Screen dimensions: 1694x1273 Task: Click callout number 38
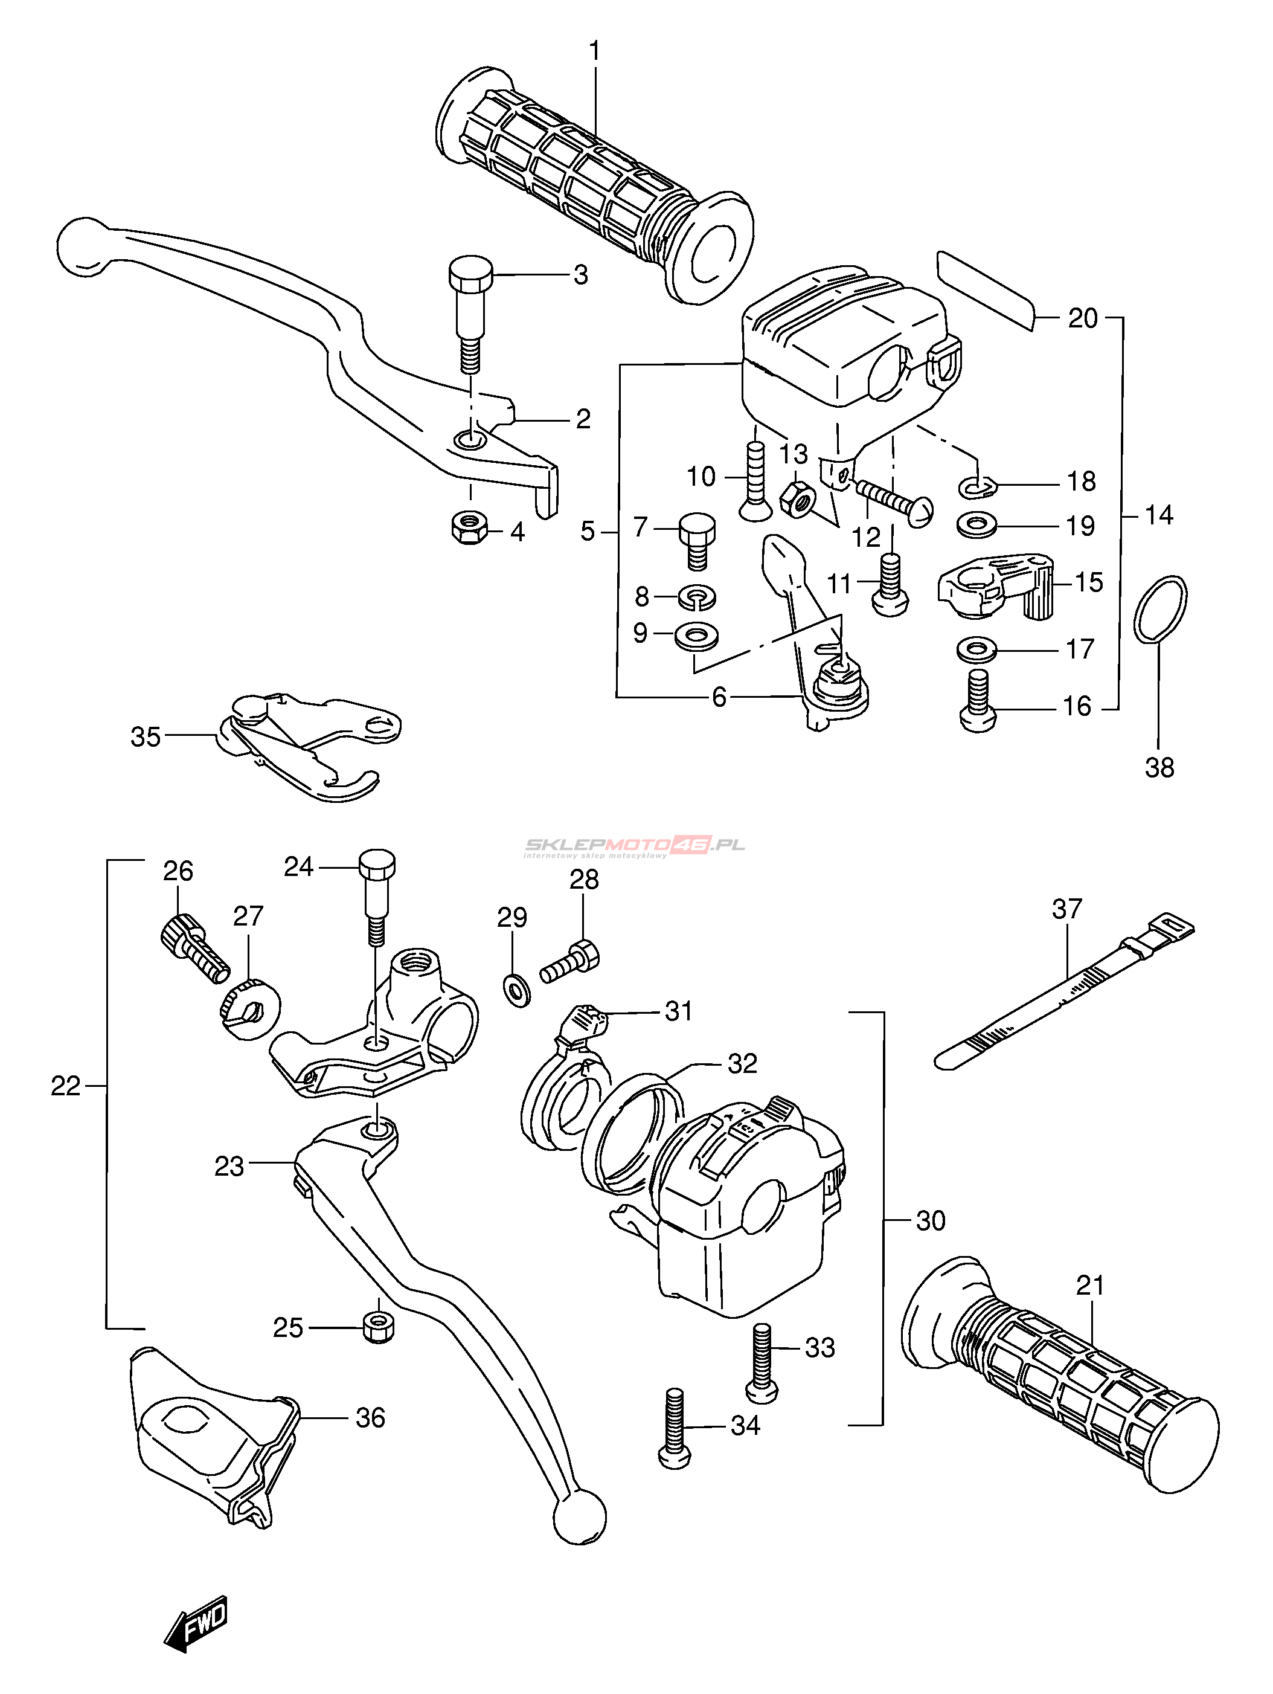pos(1158,767)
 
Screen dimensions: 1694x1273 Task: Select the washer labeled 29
pos(518,990)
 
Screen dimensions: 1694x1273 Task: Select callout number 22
pos(65,1086)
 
